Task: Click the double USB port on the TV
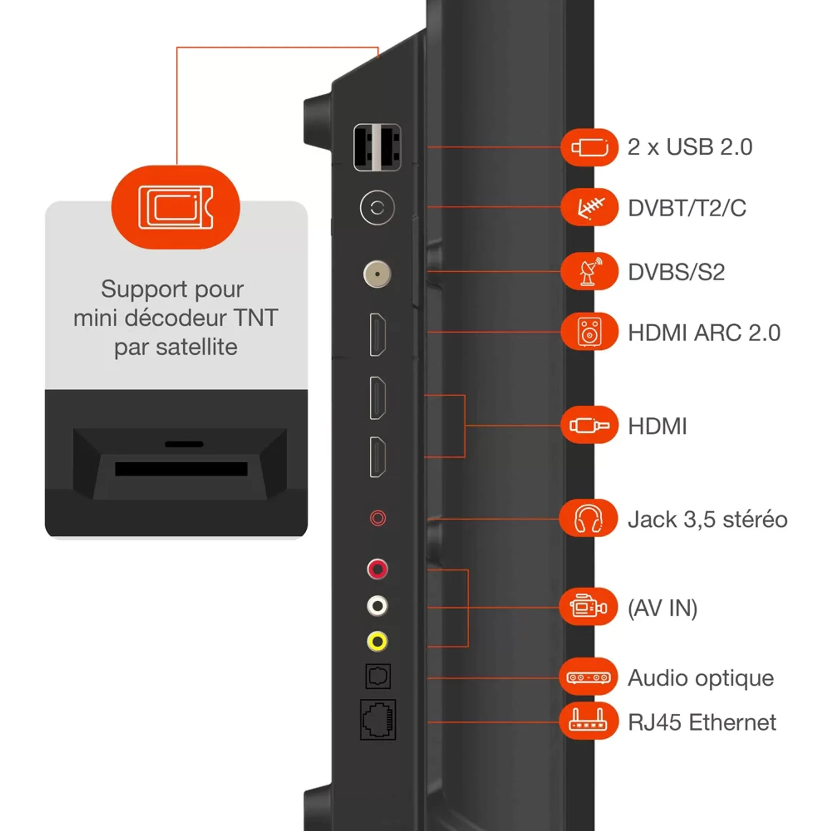[377, 147]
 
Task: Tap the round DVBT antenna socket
[377, 208]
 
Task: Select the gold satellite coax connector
[377, 274]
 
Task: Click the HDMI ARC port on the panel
[378, 335]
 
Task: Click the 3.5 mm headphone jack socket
[378, 518]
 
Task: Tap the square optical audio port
[378, 677]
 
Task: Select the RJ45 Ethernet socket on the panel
[378, 719]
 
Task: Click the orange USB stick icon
[590, 147]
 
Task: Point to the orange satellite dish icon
[590, 271]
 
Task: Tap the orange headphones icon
[588, 518]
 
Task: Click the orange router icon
[588, 721]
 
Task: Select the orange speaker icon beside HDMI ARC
[590, 332]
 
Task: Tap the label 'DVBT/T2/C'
[687, 208]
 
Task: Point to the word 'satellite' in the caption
[196, 347]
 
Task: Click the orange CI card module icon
[175, 207]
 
